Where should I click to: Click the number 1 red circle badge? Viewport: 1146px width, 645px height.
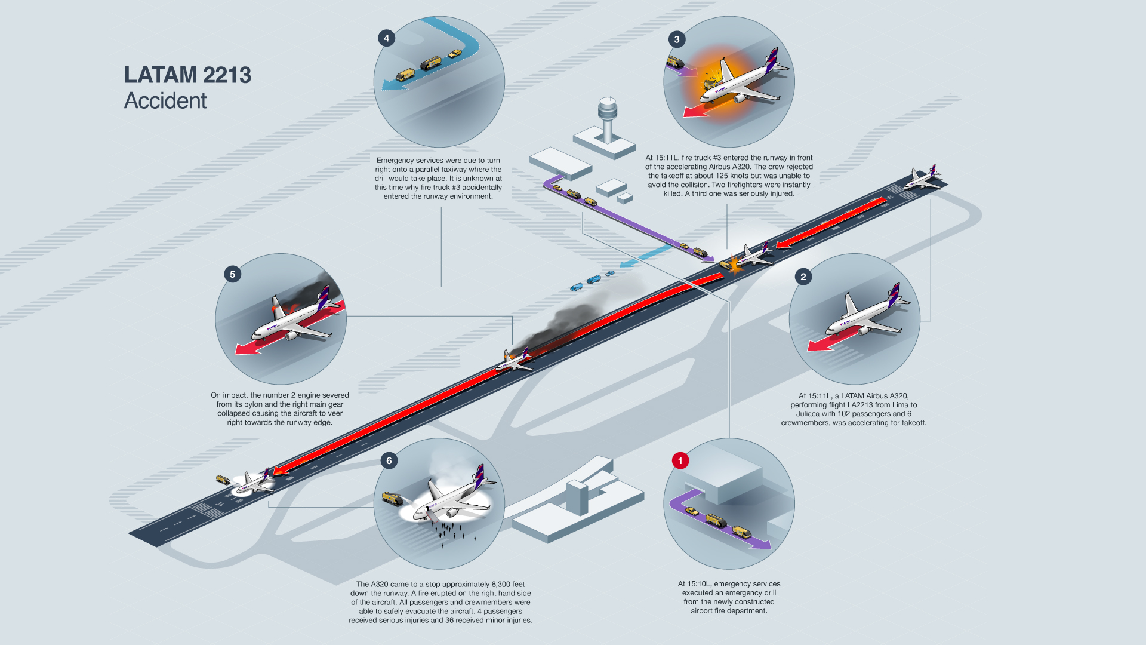tap(680, 460)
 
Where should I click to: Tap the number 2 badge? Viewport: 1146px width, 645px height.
tap(803, 277)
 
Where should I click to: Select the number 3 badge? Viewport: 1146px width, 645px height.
tap(676, 39)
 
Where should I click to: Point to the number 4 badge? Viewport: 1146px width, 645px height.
tap(386, 38)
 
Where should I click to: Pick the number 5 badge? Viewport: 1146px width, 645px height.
tap(232, 274)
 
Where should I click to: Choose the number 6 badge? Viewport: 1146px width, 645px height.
tap(389, 460)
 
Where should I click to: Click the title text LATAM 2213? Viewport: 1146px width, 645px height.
tap(187, 75)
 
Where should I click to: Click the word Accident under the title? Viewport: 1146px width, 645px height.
tap(165, 101)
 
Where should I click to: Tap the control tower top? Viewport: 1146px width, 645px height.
tap(607, 108)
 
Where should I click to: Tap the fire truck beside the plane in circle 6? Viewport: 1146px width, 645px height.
tap(392, 498)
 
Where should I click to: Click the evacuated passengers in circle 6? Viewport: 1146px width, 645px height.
tap(449, 531)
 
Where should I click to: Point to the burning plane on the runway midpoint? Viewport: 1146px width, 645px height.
tap(513, 360)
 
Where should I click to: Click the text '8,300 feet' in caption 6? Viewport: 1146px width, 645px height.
tap(508, 585)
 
